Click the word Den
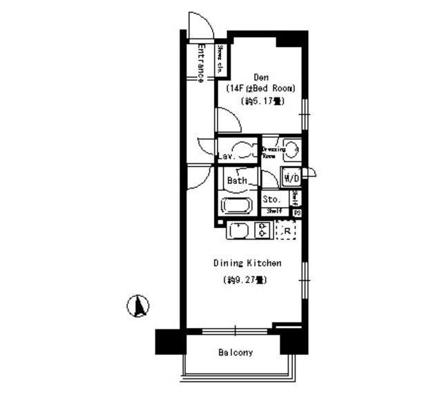click(261, 77)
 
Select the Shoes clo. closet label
click(221, 59)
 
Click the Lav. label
click(227, 157)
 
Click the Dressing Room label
click(273, 152)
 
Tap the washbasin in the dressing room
click(292, 148)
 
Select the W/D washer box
click(291, 178)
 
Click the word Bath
click(238, 180)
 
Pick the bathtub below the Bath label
click(238, 205)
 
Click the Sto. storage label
click(272, 199)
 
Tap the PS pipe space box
click(297, 213)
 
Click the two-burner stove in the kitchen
click(262, 230)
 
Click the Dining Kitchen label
click(247, 263)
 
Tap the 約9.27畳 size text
click(246, 280)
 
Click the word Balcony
click(236, 353)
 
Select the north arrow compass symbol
click(139, 305)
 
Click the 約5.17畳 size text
click(262, 101)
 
